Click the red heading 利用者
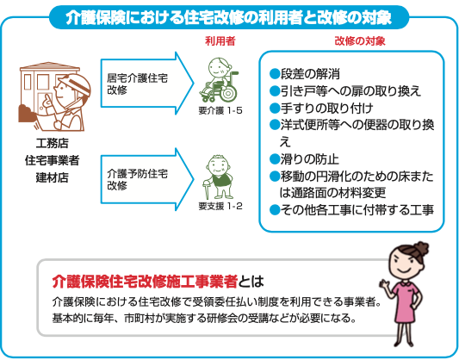(x=220, y=41)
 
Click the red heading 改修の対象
(x=360, y=41)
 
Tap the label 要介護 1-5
(x=220, y=110)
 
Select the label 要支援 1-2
(x=220, y=207)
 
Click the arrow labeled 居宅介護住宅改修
(x=147, y=84)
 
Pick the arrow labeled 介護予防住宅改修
(x=147, y=179)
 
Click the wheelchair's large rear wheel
(x=228, y=94)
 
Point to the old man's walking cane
(x=207, y=189)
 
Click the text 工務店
(x=53, y=143)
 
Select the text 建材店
(x=53, y=177)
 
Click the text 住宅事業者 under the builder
(x=53, y=160)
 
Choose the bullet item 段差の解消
(x=305, y=74)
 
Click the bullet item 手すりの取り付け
(x=321, y=109)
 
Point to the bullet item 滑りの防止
(x=304, y=159)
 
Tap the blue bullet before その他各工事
(x=275, y=210)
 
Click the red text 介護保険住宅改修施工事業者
(x=145, y=282)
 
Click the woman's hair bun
(x=420, y=249)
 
